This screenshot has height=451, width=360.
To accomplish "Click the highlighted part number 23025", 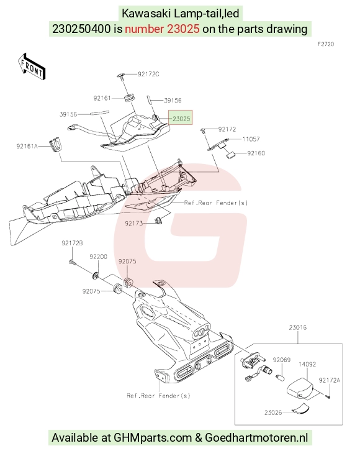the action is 181,119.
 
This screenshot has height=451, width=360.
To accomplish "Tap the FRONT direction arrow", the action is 31,66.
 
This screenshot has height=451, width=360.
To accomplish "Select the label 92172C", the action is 148,74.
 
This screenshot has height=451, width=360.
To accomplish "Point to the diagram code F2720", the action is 326,44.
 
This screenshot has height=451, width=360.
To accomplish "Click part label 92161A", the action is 27,146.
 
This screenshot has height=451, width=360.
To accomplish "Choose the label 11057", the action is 251,139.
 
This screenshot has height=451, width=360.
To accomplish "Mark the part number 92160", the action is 256,153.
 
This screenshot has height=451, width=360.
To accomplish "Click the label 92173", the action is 134,223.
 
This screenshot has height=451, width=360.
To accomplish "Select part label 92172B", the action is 72,243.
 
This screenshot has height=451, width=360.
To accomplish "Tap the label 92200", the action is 98,257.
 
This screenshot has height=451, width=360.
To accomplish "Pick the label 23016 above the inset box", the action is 298,327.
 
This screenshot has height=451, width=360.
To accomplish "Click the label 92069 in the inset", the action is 282,360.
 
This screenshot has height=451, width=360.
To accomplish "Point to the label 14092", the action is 307,364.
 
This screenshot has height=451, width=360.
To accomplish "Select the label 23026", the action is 273,412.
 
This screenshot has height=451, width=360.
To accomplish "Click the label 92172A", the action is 329,380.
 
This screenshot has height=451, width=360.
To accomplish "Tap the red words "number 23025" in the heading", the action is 162,29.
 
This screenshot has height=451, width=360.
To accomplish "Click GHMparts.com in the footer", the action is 153,438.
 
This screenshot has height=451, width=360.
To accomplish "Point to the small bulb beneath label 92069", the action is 281,377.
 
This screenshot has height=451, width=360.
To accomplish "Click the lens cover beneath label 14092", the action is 300,388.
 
